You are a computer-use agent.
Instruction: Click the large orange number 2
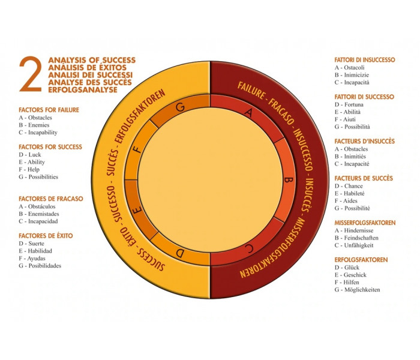click(31, 74)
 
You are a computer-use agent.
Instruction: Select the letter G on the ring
click(180, 107)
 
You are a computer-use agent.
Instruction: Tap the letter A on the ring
click(249, 113)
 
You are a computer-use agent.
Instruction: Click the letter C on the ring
click(249, 248)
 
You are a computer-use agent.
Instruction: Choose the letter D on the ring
click(180, 253)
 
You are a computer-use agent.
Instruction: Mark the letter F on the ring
click(138, 149)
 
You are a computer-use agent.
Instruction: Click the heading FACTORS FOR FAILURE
click(49, 110)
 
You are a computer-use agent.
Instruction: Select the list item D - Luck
click(30, 155)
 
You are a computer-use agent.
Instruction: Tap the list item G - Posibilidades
click(40, 266)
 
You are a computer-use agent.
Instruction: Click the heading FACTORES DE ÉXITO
click(46, 236)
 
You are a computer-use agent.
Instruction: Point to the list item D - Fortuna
click(349, 104)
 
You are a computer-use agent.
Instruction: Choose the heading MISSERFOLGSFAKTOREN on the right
click(365, 223)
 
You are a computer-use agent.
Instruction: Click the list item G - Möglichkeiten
click(358, 290)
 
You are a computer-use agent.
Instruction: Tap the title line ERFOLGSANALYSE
click(83, 90)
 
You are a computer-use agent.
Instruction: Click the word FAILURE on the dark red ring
click(251, 90)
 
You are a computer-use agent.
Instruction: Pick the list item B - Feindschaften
click(356, 238)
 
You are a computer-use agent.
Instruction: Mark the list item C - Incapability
click(38, 133)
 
